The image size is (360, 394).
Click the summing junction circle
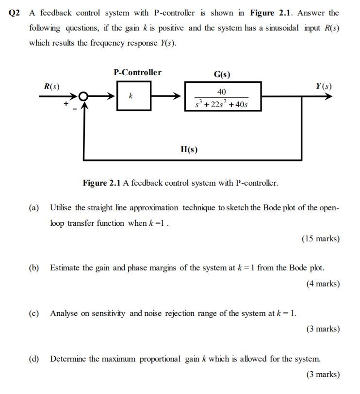pos(83,96)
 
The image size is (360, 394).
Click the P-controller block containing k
pos(131,96)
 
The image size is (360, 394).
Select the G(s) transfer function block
pos(223,96)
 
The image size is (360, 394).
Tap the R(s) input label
pos(51,87)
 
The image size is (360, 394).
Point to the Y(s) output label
pos(324,86)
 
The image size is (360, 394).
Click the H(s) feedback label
pos(189,149)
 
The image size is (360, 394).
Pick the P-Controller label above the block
pos(138,72)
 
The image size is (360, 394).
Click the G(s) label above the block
pos(222,74)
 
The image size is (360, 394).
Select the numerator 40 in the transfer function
pos(221,92)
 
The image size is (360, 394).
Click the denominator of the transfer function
pos(221,104)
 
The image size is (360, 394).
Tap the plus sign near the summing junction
pos(65,103)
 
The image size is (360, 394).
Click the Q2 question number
pos(15,13)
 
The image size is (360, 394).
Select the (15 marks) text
pos(320,238)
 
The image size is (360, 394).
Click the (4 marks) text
pos(323,284)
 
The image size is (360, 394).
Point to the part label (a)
pos(34,208)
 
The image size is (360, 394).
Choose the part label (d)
pos(34,359)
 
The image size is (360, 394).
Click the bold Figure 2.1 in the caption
pos(101,183)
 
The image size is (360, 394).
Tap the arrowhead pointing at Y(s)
pos(328,96)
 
